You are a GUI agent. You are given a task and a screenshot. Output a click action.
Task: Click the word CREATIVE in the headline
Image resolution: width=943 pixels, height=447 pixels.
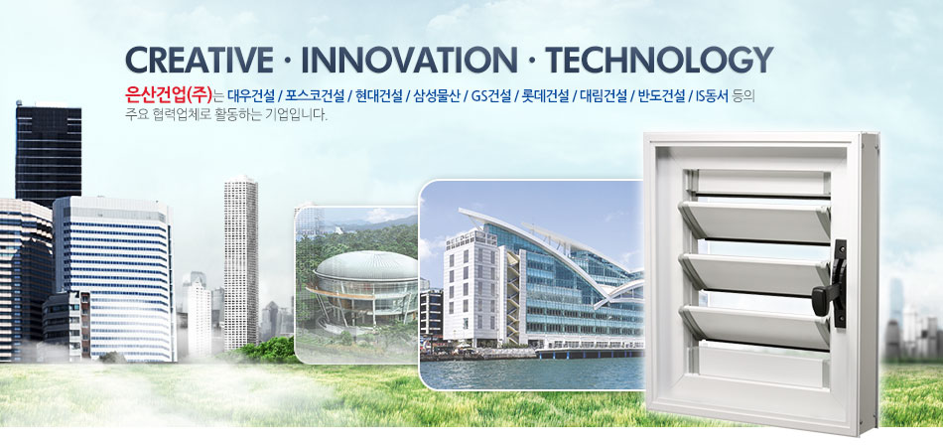tap(200, 61)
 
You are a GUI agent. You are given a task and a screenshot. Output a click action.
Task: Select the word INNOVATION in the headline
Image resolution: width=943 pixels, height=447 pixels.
tap(408, 61)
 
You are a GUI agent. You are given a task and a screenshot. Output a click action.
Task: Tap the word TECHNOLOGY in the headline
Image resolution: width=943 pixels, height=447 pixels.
tap(658, 61)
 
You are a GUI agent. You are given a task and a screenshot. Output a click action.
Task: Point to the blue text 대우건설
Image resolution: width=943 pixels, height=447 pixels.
tap(251, 95)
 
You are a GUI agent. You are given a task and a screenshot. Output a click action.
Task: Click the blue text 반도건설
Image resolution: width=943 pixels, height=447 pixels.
tap(661, 95)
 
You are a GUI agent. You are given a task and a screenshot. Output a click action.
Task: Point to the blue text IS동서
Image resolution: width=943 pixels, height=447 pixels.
tap(712, 95)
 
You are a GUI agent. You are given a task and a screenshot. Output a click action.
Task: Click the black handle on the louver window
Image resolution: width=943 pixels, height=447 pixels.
tap(835, 284)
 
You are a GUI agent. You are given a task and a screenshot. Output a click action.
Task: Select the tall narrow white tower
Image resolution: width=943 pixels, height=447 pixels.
tap(241, 263)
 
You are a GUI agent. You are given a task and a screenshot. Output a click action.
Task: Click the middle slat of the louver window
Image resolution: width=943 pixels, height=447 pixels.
tap(754, 274)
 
